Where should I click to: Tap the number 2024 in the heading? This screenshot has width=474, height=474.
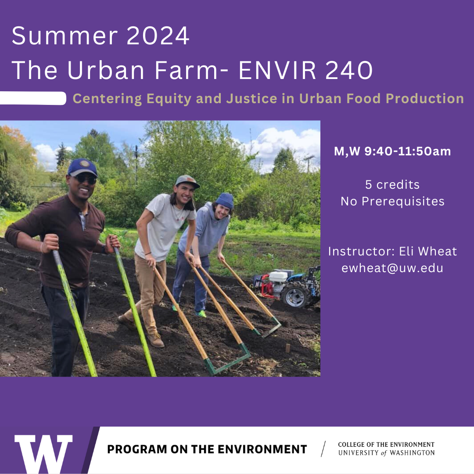[158, 36]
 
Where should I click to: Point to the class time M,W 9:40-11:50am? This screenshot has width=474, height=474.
[392, 152]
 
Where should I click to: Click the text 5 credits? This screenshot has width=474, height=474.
[392, 184]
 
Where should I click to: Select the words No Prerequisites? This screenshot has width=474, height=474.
[392, 201]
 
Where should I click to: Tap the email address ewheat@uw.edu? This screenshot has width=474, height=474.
[392, 268]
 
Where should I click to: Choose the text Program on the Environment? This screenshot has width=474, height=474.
[207, 449]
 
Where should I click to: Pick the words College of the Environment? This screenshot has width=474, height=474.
[386, 445]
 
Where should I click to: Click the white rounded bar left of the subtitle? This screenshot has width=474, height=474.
[33, 98]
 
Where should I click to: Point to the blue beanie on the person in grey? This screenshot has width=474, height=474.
[224, 200]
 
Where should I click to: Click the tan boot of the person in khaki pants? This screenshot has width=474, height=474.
[156, 340]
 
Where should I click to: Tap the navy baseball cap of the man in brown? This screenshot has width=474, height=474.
[82, 167]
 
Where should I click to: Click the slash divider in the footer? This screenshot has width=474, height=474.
[323, 449]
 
